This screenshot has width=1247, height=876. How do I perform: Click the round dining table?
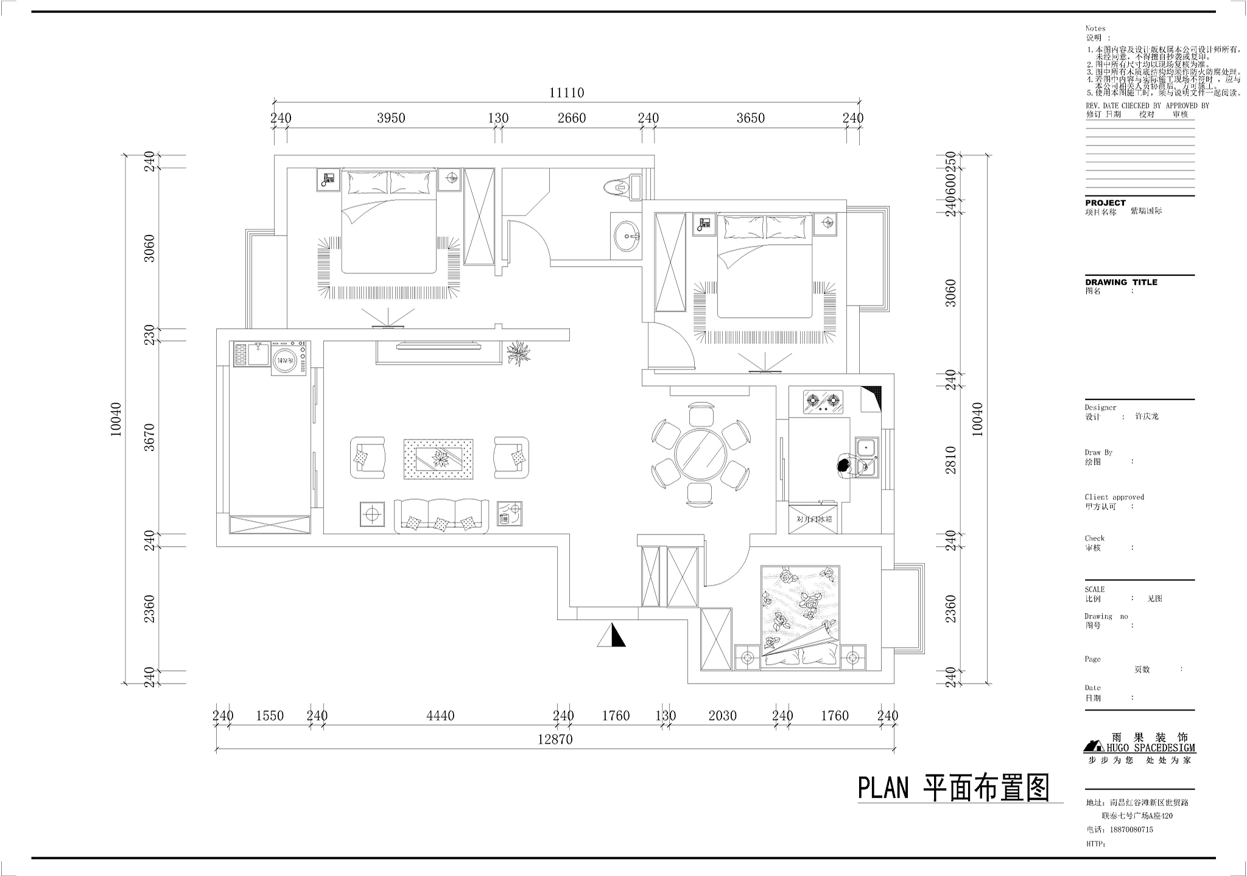[700, 455]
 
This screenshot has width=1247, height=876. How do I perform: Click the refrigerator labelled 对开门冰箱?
[813, 519]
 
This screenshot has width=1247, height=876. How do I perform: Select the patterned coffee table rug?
[438, 458]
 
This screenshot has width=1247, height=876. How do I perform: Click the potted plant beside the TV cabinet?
[519, 352]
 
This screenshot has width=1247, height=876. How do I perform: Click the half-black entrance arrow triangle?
[611, 635]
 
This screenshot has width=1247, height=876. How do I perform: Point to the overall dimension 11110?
[566, 93]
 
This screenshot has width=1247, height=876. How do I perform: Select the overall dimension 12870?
[555, 740]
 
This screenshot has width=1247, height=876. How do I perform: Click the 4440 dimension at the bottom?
[440, 717]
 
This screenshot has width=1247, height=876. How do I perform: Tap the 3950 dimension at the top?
[391, 118]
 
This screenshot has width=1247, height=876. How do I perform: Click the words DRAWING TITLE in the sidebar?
[1121, 282]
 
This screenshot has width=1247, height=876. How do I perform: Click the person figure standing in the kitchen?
[844, 466]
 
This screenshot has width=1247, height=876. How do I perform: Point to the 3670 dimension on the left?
[150, 437]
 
